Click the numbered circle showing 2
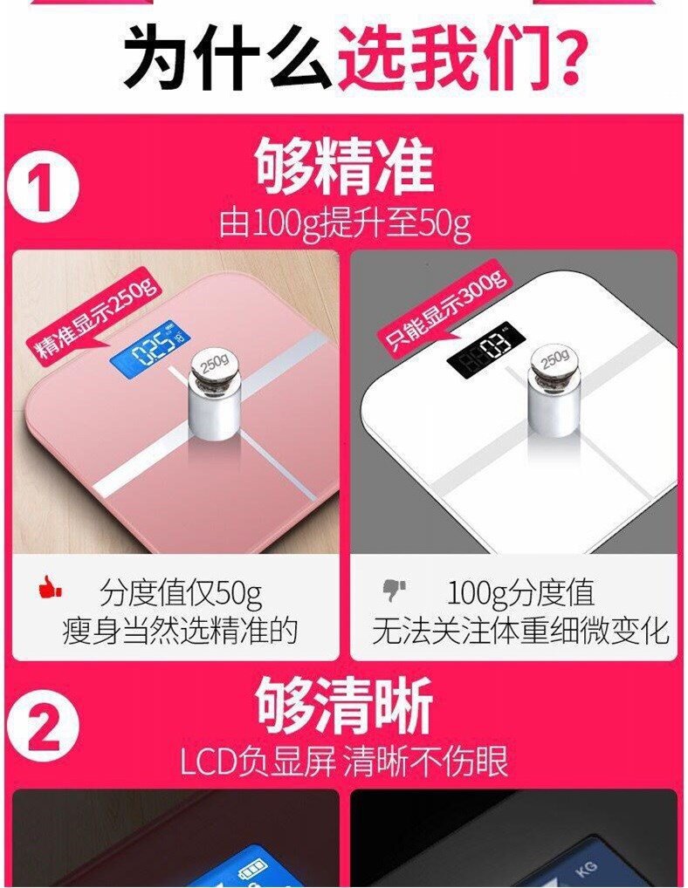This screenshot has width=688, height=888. tap(43, 727)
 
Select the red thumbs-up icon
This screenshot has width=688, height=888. tap(50, 588)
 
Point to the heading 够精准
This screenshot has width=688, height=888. tap(344, 167)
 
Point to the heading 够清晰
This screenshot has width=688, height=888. tap(344, 706)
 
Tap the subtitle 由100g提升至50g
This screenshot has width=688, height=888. tap(345, 225)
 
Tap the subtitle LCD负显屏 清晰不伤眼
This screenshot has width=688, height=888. tap(344, 762)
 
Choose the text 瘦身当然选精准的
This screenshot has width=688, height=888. tap(180, 631)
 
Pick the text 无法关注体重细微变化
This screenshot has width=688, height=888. tap(521, 631)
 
